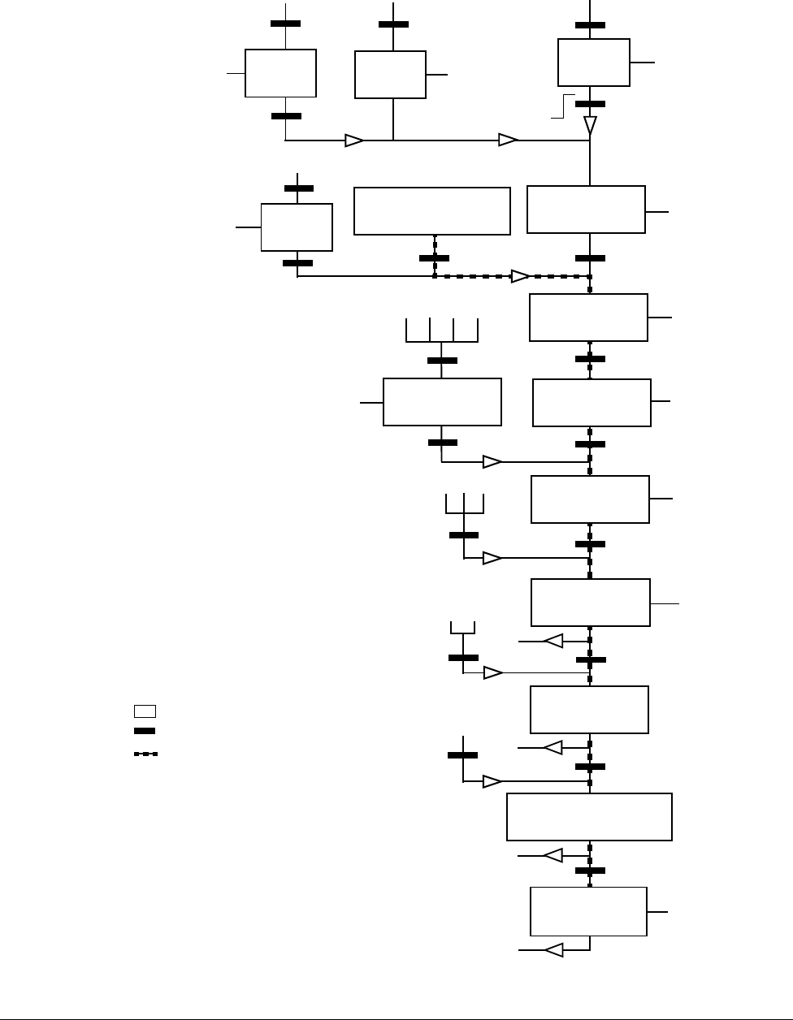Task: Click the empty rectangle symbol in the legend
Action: click(145, 711)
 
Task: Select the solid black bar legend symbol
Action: click(145, 731)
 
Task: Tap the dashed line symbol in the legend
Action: click(145, 754)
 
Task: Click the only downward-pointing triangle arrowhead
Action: click(591, 126)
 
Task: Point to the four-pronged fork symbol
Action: click(441, 331)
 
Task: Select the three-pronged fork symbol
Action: click(464, 504)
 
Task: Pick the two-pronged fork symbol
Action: click(462, 628)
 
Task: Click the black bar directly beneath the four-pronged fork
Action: click(441, 361)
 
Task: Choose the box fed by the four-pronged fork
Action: click(442, 401)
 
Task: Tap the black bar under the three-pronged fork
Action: click(464, 535)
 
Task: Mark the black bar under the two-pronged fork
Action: click(463, 657)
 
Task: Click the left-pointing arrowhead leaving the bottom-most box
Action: click(553, 949)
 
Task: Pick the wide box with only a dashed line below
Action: click(432, 211)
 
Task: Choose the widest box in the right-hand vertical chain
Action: click(589, 817)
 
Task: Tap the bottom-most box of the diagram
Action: click(588, 911)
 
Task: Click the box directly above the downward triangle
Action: click(594, 62)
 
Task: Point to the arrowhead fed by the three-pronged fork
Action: click(492, 558)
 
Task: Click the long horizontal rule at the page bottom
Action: click(396, 1016)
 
